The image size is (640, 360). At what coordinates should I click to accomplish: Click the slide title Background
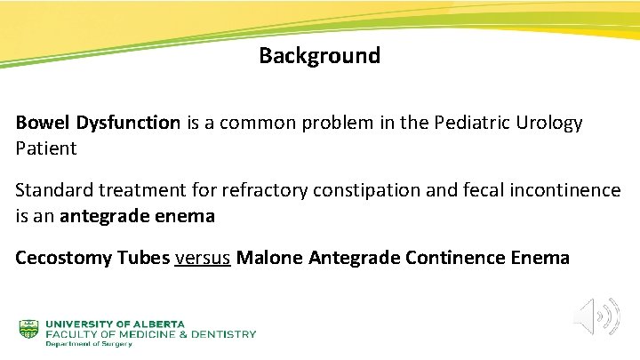pyautogui.click(x=319, y=56)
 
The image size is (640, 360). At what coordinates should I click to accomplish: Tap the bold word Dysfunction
pyautogui.click(x=127, y=123)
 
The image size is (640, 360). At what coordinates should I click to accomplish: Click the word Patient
pyautogui.click(x=46, y=148)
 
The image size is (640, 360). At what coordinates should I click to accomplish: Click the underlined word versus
pyautogui.click(x=203, y=258)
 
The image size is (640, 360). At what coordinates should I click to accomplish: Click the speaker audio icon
pyautogui.click(x=595, y=316)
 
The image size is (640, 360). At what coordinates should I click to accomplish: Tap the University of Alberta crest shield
pyautogui.click(x=29, y=329)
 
